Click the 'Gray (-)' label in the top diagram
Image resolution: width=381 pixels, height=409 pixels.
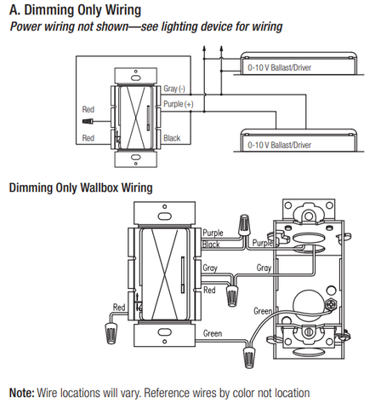coord(174,89)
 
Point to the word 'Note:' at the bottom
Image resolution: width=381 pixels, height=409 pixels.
coord(21,393)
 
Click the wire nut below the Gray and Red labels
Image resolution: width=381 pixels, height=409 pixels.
coord(232,297)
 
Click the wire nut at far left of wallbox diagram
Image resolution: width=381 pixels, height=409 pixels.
coord(110,332)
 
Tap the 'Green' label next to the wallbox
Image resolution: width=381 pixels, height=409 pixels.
coord(263,311)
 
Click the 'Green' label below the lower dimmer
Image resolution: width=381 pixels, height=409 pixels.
coord(213,333)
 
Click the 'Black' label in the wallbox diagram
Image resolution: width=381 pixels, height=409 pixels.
coord(211,245)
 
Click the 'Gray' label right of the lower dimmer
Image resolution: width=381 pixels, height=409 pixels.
coord(210,268)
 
